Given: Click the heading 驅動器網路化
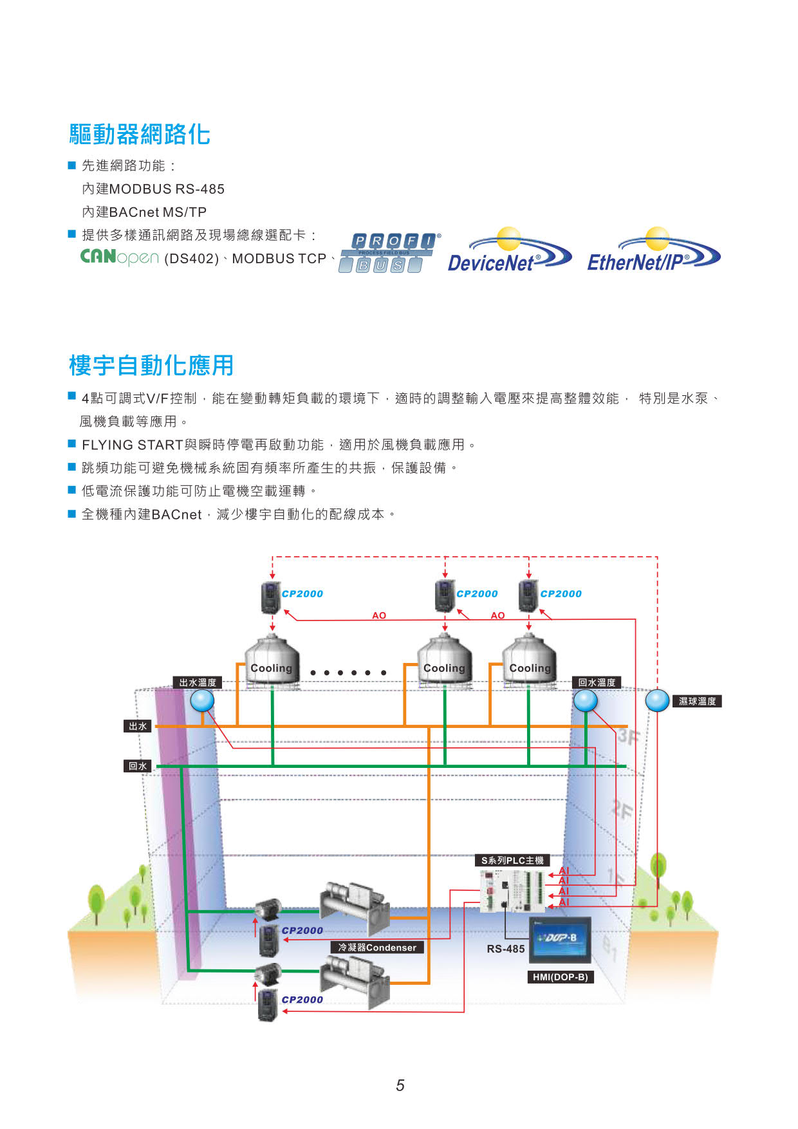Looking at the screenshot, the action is (140, 135).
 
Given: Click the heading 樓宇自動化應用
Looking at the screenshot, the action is (151, 365).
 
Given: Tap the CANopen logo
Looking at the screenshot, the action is (120, 257).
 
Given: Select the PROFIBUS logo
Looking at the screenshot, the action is (388, 253).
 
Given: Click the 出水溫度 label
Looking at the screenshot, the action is (198, 682).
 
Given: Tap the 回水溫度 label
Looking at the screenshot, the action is (597, 682).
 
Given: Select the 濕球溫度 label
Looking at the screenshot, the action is (698, 701).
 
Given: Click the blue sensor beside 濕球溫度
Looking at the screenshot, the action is (657, 701).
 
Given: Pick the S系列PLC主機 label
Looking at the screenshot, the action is (512, 860).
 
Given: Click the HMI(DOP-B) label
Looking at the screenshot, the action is (561, 977).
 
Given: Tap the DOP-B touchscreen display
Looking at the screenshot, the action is (560, 940).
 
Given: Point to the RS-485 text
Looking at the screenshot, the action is (506, 949).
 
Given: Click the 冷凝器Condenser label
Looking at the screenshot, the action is (377, 947).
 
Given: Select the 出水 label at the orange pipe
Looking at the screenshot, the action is (138, 726).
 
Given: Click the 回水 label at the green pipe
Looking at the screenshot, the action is (138, 766).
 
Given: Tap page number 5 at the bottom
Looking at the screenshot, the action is (400, 1086).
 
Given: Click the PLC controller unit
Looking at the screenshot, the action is (513, 891).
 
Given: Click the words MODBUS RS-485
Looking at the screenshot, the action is (167, 189).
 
